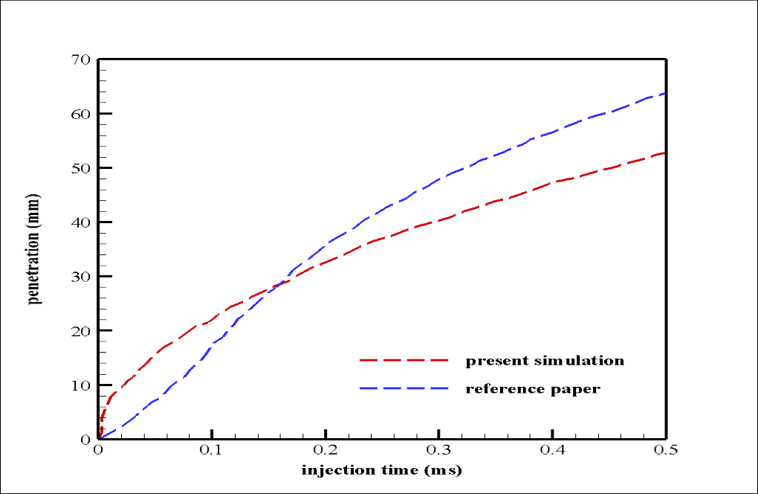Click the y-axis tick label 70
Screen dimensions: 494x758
[80, 60]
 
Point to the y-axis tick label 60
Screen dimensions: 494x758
[80, 114]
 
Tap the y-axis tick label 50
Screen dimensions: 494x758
[80, 168]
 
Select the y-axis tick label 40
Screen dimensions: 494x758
[80, 222]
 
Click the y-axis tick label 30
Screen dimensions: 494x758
[80, 276]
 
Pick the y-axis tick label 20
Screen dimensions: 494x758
[80, 330]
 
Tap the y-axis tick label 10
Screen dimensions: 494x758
[80, 385]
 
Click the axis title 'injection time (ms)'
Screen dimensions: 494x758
[381, 471]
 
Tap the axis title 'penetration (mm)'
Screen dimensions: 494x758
[34, 249]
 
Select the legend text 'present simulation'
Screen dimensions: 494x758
[545, 362]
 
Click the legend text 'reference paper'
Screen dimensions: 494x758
[533, 388]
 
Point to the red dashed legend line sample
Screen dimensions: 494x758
[405, 360]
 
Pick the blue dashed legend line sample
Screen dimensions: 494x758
[405, 388]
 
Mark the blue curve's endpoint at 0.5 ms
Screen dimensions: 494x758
[666, 93]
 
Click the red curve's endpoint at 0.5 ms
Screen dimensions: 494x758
[666, 153]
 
